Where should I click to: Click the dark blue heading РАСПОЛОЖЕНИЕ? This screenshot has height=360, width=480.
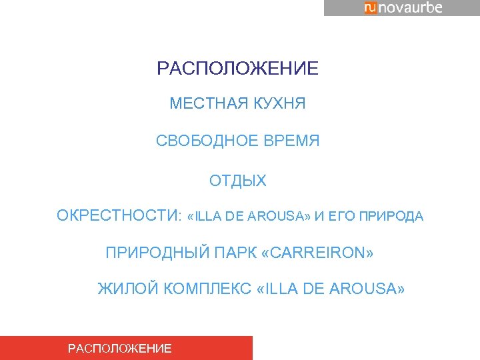click(237, 69)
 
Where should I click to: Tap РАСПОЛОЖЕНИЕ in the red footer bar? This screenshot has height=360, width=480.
click(120, 348)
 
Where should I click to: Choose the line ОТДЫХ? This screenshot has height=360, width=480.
click(237, 181)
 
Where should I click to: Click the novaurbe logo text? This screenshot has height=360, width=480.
click(411, 7)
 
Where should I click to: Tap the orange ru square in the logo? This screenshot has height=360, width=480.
click(370, 7)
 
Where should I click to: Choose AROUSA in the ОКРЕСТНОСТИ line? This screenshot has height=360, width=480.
click(279, 217)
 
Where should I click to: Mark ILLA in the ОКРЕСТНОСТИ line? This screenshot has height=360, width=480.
click(209, 217)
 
